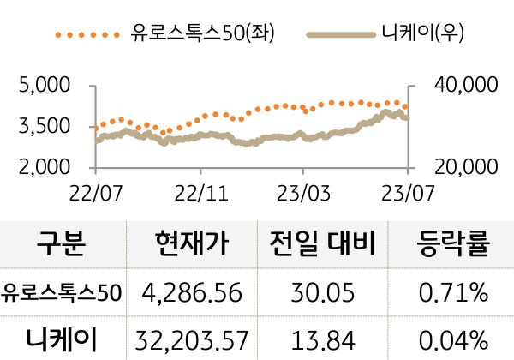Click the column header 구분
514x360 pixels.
[x=61, y=246]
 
